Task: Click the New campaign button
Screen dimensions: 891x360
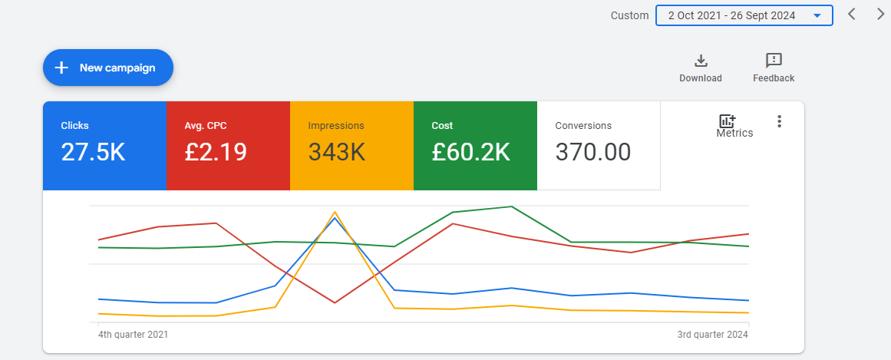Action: click(x=108, y=68)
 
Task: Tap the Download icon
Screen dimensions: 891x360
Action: click(x=701, y=61)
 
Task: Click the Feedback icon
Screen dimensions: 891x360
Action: click(x=774, y=61)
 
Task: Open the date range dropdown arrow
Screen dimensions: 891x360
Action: click(x=817, y=16)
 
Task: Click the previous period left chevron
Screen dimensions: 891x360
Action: click(x=851, y=15)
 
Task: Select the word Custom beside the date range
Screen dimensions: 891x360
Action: click(x=629, y=16)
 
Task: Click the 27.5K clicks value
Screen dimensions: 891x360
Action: click(x=93, y=152)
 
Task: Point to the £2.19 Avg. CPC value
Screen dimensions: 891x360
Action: click(x=216, y=152)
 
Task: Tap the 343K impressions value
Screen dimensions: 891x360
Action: click(x=337, y=152)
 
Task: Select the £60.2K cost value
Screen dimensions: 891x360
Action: click(x=470, y=152)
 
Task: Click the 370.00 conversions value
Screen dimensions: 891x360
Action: click(x=592, y=152)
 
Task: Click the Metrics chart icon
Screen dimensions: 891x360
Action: click(x=728, y=121)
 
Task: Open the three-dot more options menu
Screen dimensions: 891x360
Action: click(x=780, y=121)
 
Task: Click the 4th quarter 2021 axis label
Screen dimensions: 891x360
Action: click(x=133, y=335)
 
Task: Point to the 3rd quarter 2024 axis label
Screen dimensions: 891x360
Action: click(x=713, y=335)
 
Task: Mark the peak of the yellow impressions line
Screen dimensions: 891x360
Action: click(x=335, y=212)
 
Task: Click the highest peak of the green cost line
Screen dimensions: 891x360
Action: click(x=512, y=206)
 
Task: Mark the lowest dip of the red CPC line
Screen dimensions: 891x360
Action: click(x=335, y=302)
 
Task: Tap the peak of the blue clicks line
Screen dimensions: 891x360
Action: click(x=335, y=218)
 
